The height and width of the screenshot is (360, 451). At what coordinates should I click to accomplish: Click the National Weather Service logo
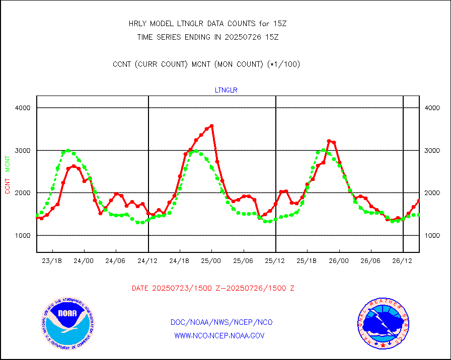coord(382,323)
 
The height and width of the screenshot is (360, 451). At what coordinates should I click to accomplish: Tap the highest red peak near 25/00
coord(211,126)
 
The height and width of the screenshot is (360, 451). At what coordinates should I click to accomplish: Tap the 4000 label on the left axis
coord(23,108)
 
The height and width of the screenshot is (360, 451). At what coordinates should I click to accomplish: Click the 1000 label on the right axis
coord(433,236)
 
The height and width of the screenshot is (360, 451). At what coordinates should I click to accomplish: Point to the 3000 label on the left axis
coord(23,151)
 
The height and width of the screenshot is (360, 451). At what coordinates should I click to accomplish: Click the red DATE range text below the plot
coord(213,289)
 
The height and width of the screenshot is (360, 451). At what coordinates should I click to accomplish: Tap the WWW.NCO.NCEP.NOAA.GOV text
coord(219,335)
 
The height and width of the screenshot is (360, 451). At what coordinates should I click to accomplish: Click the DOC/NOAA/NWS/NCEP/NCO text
coord(221,322)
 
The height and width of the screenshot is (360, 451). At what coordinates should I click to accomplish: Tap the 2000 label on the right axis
coord(433,193)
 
